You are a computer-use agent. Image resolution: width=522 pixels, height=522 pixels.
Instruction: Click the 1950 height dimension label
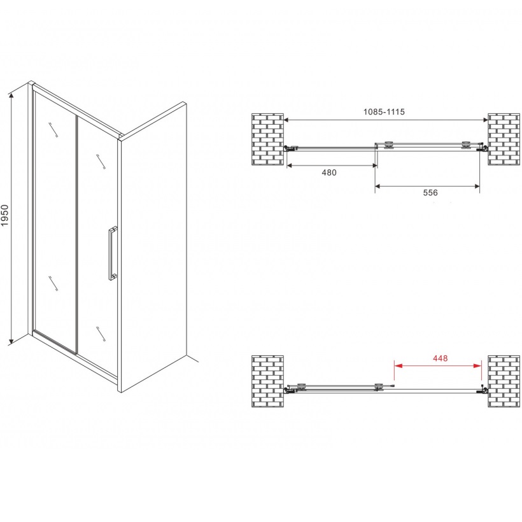point(4,216)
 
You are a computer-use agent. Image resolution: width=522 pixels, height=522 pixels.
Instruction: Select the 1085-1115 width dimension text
point(384,112)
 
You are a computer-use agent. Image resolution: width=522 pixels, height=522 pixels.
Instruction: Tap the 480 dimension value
point(329,173)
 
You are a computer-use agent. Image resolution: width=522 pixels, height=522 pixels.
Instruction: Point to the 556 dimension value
point(430,192)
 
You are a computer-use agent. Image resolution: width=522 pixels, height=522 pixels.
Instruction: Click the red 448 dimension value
point(440,358)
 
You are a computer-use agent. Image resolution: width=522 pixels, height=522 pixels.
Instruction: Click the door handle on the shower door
point(113,253)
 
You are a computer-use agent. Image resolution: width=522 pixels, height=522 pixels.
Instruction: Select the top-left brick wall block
point(267,139)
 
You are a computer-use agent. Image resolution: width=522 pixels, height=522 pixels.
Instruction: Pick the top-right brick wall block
point(504,139)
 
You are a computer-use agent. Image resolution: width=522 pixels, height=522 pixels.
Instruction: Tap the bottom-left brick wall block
point(267,381)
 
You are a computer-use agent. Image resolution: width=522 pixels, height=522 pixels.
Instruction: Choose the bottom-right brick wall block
point(504,381)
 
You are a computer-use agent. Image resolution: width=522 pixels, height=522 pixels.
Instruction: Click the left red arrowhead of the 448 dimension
point(398,365)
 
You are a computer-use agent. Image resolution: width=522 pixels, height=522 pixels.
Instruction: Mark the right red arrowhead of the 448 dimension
point(477,365)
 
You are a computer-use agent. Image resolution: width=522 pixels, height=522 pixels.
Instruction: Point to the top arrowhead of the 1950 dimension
point(11,95)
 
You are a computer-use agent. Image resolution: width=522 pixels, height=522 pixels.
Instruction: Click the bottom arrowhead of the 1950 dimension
point(11,341)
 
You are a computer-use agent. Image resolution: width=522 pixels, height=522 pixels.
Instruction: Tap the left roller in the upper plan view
point(388,145)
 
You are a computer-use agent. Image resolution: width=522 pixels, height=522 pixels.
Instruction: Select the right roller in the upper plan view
point(466,145)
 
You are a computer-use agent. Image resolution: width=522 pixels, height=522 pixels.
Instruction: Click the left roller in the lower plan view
point(302,386)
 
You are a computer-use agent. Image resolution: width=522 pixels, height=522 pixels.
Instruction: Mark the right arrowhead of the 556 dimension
point(477,187)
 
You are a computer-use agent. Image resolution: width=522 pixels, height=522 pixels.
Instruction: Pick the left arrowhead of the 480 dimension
point(290,166)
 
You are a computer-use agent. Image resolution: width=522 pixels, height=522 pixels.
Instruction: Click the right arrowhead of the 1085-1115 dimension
point(485,120)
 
